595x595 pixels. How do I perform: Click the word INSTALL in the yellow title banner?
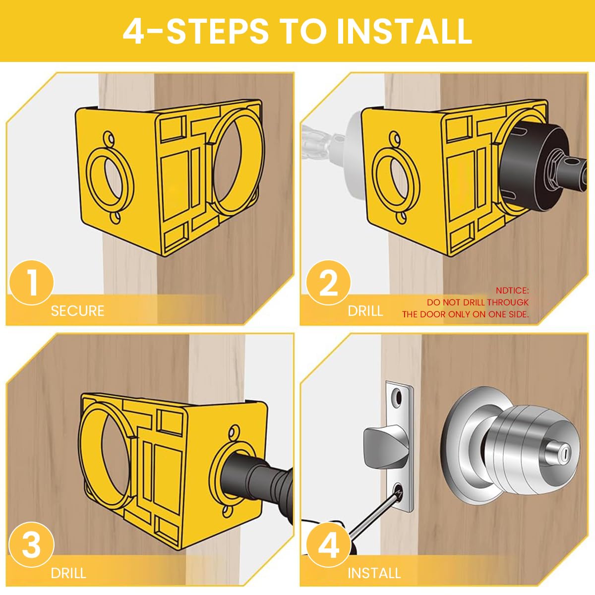click(x=404, y=31)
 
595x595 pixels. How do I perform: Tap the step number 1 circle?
click(x=31, y=283)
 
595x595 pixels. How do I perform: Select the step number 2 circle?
click(x=328, y=284)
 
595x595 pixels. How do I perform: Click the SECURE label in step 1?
click(x=77, y=311)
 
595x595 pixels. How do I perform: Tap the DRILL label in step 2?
click(x=365, y=311)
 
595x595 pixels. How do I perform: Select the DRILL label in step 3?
click(x=68, y=573)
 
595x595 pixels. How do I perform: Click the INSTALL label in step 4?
click(x=374, y=573)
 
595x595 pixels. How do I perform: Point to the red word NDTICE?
click(x=512, y=291)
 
